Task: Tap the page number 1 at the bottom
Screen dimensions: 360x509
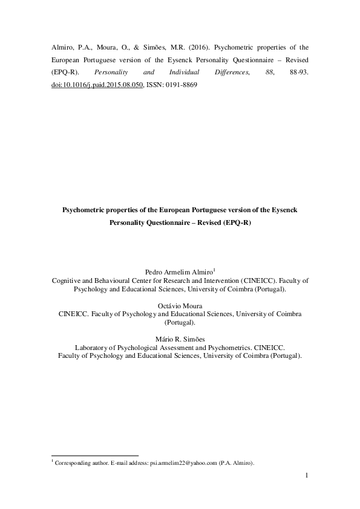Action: [307, 477]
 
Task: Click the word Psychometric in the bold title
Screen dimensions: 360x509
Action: [84, 210]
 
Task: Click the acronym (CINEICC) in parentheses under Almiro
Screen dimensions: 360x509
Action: [259, 281]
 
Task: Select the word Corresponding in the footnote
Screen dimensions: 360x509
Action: [72, 464]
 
